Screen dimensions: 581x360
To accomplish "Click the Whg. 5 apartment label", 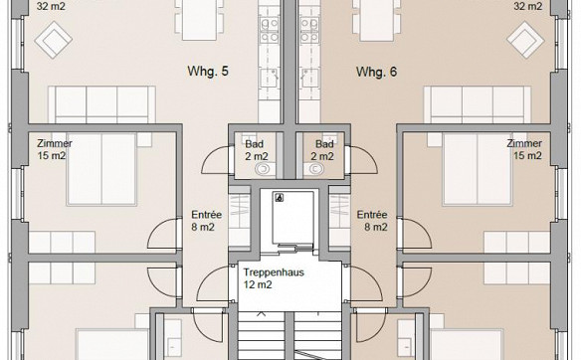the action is [x=208, y=72].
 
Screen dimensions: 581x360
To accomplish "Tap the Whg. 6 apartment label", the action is [x=376, y=72].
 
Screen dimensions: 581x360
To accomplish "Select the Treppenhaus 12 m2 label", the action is [x=274, y=278].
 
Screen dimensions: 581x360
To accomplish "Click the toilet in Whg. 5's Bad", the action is [x=264, y=169].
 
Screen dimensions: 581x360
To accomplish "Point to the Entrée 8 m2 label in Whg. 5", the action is [x=206, y=221].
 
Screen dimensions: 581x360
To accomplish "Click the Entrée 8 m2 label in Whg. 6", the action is [x=372, y=221].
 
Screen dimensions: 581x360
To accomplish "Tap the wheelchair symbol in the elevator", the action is [x=280, y=198].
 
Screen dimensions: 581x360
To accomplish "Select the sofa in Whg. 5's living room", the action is [x=101, y=104].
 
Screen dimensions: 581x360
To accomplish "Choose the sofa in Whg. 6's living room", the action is [x=478, y=104].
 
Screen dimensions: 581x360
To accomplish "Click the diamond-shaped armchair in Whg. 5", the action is [x=54, y=40].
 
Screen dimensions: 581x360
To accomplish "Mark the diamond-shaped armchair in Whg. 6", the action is [x=525, y=40].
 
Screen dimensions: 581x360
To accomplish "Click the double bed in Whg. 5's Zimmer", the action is [x=101, y=169].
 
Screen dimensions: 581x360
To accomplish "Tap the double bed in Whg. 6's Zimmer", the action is [x=478, y=169].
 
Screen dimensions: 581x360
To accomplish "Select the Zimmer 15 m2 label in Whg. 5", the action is [x=55, y=149].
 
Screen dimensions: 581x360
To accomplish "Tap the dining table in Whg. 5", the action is [x=199, y=20].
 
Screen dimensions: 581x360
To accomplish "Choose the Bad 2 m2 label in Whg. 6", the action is [x=323, y=150].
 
